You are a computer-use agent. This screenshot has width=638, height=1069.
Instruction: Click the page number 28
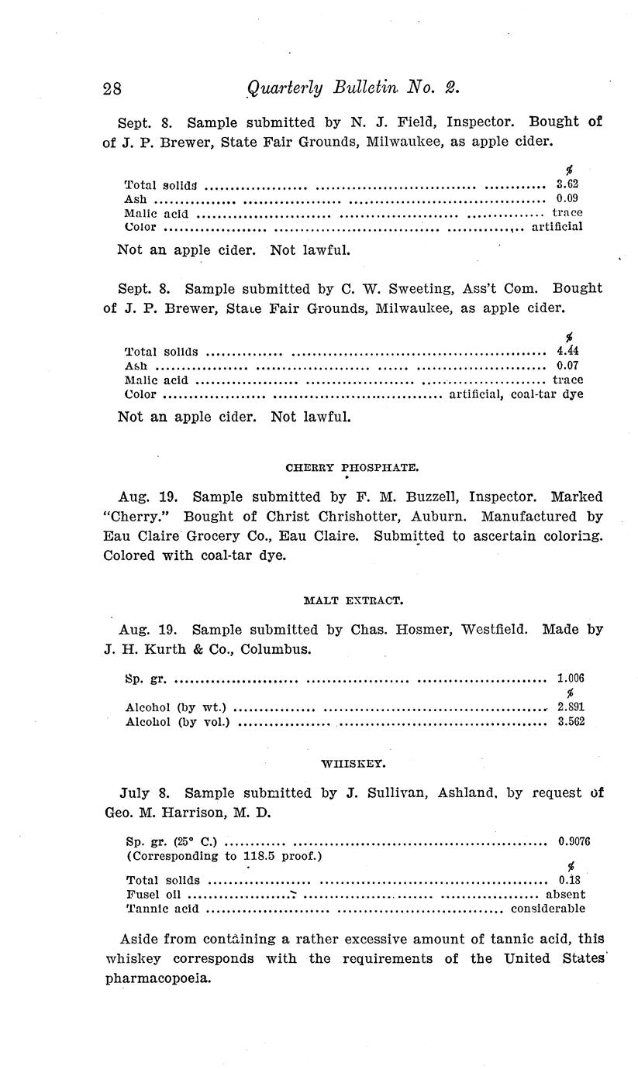tap(112, 88)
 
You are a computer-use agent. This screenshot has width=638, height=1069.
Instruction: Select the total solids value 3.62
tap(567, 184)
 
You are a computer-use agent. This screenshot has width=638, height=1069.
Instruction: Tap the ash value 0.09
tap(567, 198)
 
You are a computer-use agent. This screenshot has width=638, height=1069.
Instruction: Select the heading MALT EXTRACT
tap(353, 600)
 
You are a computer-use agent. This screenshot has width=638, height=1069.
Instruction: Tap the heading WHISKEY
tap(353, 764)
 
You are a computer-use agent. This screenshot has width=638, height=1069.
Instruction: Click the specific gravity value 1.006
tap(571, 679)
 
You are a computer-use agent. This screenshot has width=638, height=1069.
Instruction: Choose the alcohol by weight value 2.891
tap(571, 707)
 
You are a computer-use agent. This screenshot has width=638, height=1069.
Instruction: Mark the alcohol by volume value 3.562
tap(571, 721)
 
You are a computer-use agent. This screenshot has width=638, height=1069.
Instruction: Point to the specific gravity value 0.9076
tap(574, 841)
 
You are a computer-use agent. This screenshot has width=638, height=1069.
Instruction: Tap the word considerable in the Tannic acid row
tap(548, 909)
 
